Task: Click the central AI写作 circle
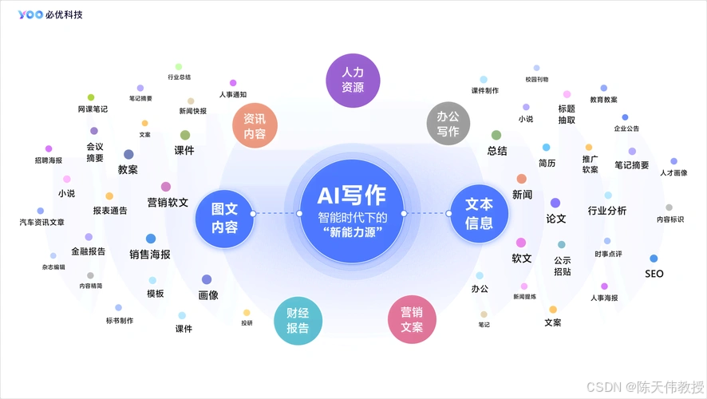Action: click(x=352, y=213)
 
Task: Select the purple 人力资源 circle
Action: click(x=353, y=80)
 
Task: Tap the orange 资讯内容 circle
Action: click(x=255, y=126)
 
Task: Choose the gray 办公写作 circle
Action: click(x=448, y=123)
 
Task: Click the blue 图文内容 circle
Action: click(x=224, y=217)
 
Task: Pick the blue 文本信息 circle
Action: click(x=479, y=214)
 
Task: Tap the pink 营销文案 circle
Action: click(x=412, y=319)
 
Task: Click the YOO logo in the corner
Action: click(x=31, y=14)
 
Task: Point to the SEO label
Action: click(x=654, y=274)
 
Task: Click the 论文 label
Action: click(x=555, y=218)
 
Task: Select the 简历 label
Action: click(x=547, y=163)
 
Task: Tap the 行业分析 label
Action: click(x=607, y=211)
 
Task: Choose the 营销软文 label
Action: click(x=168, y=203)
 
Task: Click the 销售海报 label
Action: click(x=150, y=255)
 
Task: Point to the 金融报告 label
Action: click(x=88, y=251)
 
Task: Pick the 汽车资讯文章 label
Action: click(x=41, y=222)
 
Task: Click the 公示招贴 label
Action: click(x=562, y=265)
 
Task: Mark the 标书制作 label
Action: click(x=119, y=321)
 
